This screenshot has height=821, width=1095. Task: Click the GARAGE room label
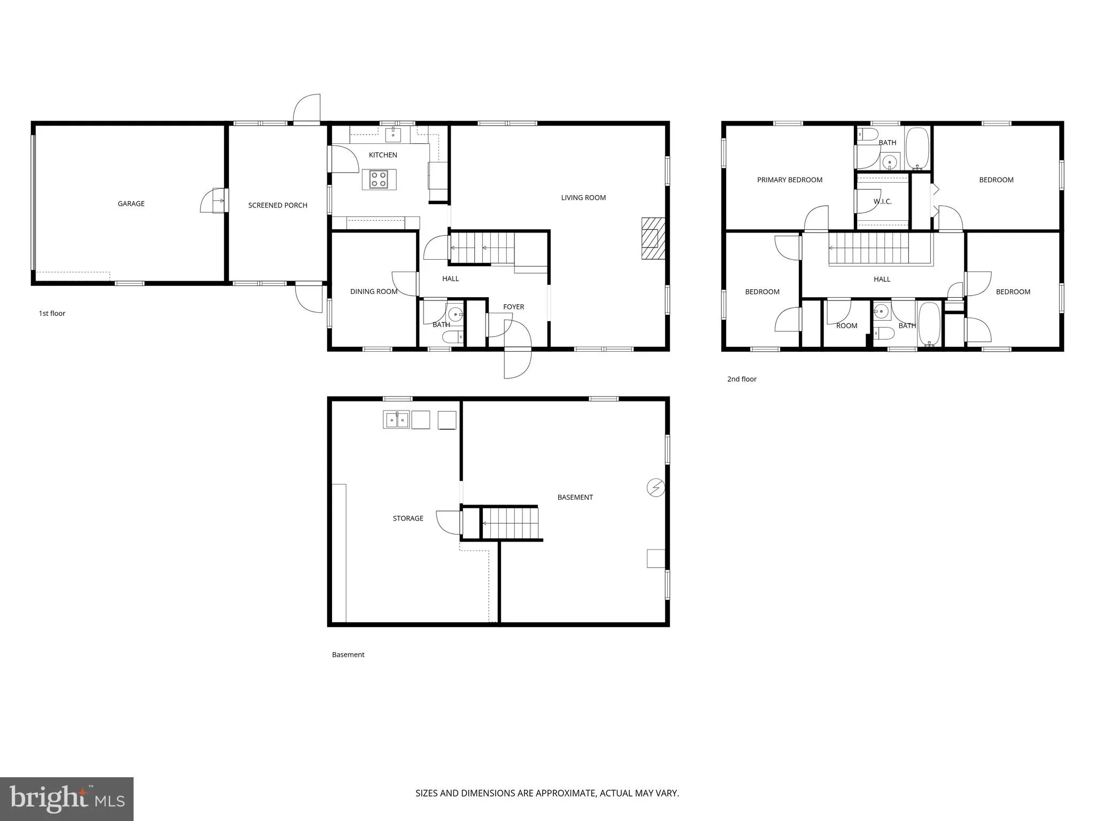point(131,204)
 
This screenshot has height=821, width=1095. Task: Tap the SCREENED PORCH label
point(277,205)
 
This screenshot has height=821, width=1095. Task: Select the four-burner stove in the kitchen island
point(379,179)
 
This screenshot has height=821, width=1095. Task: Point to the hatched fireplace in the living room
point(653,238)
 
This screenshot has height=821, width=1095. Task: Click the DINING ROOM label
point(374,292)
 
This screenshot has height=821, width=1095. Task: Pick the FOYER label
point(513,307)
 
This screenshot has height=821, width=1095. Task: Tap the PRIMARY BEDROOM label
point(790,180)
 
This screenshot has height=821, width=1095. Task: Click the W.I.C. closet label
point(882,202)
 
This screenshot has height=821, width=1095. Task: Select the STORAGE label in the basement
point(408,518)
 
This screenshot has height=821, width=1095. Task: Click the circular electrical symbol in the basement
point(656,487)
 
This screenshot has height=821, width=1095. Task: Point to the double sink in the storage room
point(396,420)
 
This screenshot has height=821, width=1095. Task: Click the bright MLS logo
point(67,799)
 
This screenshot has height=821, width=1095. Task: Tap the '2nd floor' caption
point(742,379)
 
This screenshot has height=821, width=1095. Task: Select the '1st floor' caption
point(52,314)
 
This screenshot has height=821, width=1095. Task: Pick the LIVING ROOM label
point(583,198)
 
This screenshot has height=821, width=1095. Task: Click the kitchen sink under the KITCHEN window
point(393,135)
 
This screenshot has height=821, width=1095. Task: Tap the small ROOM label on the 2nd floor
point(846,326)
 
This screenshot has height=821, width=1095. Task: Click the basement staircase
point(510,523)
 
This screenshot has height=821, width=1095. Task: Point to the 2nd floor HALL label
point(882,279)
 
